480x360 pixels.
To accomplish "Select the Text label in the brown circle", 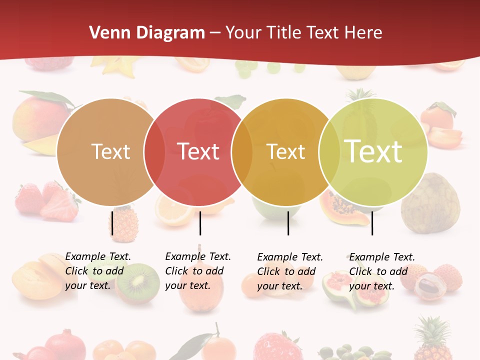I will click(110, 151).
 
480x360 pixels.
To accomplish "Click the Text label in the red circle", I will click(198, 151).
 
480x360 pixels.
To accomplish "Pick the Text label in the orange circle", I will click(285, 151).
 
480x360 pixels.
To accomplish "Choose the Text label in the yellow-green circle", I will click(373, 151).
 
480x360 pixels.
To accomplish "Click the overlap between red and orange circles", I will click(241, 152).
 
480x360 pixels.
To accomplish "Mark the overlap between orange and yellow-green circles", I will click(329, 152).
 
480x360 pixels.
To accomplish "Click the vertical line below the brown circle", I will click(112, 223).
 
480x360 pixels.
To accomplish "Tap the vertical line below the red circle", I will click(200, 223).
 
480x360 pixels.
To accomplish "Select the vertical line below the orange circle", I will click(288, 223).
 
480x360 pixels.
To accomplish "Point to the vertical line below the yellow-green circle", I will click(372, 223).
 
